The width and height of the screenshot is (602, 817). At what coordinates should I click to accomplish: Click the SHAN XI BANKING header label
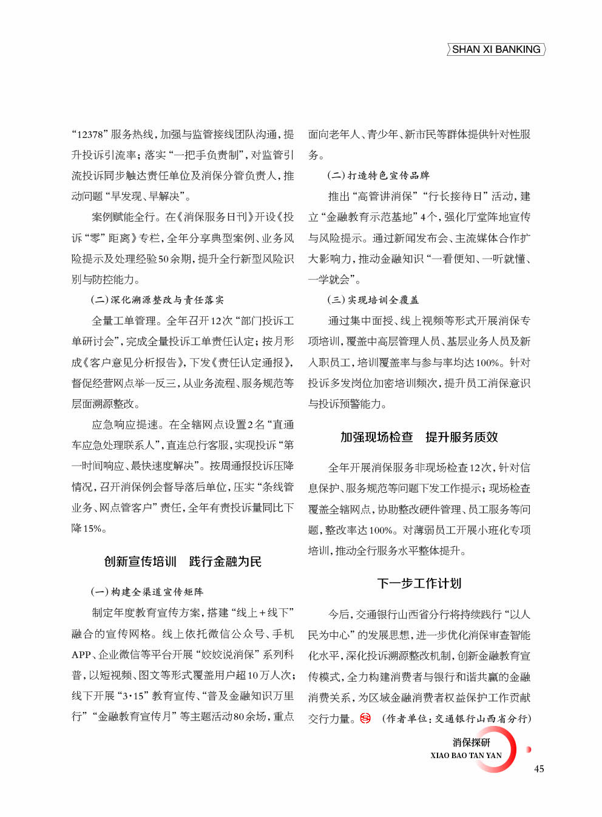(x=496, y=50)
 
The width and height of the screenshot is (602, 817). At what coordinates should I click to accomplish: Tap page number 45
(x=539, y=769)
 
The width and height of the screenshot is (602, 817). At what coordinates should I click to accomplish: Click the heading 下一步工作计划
(x=419, y=583)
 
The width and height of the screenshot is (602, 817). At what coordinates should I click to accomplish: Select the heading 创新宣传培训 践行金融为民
(x=183, y=561)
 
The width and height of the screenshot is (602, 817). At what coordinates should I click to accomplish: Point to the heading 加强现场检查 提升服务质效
(x=419, y=437)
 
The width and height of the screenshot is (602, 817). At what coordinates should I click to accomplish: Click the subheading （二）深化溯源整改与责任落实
(x=157, y=300)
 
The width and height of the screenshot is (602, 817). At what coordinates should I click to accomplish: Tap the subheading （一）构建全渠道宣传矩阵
(x=147, y=592)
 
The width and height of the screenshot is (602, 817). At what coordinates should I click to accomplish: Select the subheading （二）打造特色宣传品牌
(x=378, y=175)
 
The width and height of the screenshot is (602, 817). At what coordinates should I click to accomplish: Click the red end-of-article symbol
(x=365, y=719)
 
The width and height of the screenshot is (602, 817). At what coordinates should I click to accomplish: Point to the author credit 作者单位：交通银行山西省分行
(x=456, y=719)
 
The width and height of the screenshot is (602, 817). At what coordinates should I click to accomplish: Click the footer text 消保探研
(x=471, y=742)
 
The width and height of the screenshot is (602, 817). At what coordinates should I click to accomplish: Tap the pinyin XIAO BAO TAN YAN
(x=466, y=756)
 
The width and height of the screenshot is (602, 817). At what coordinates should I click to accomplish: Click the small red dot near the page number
(x=529, y=750)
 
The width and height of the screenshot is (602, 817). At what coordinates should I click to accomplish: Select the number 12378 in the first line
(x=89, y=135)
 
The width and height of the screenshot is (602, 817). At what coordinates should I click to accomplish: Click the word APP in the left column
(x=81, y=655)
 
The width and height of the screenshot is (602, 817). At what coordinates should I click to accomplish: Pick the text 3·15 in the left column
(x=134, y=696)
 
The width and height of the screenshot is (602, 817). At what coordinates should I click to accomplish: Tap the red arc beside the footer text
(x=509, y=753)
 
